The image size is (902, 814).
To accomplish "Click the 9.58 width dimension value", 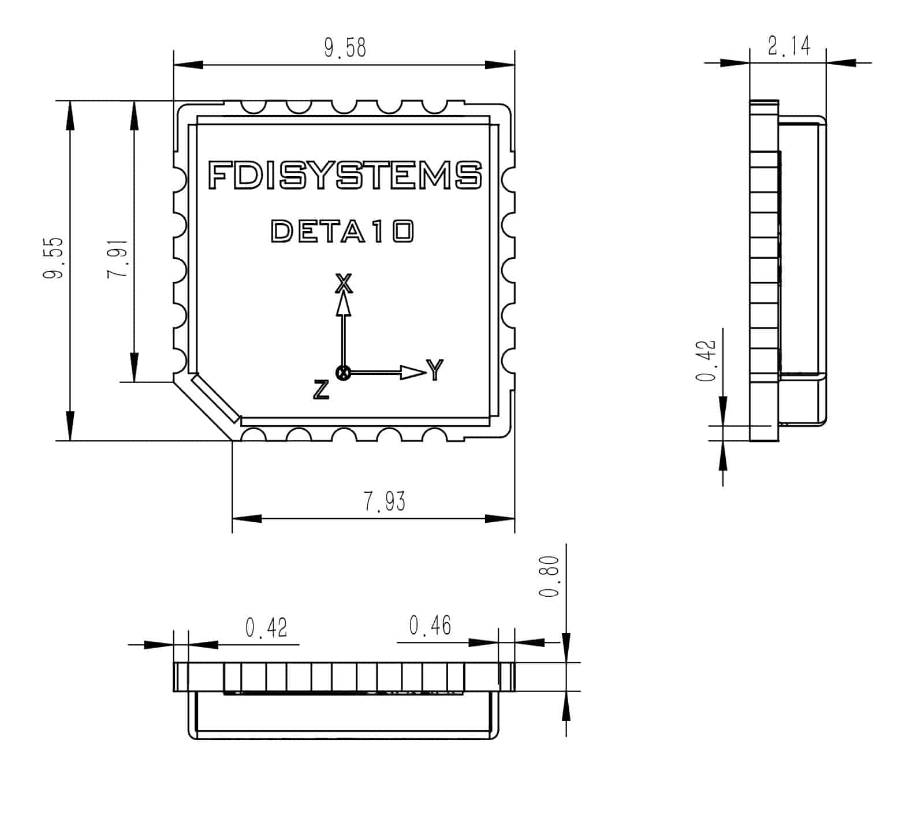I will [x=345, y=48].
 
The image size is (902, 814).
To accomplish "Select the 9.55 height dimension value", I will [x=54, y=258].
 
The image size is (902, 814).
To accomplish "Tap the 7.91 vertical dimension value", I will [x=118, y=258].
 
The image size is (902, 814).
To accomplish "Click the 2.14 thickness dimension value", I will [x=789, y=46].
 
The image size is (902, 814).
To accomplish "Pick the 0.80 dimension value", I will [x=549, y=577].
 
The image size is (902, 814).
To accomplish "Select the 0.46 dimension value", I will [x=430, y=626].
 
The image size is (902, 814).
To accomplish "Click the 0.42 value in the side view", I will [x=706, y=361].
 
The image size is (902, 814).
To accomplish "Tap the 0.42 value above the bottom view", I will [x=266, y=627].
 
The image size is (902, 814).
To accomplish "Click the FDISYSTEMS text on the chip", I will [x=345, y=174].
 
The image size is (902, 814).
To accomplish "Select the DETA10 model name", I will [x=342, y=231].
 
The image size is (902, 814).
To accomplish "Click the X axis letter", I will [x=344, y=283].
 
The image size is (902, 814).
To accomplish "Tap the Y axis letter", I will [x=435, y=370].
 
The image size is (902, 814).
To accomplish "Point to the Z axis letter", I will [x=321, y=390].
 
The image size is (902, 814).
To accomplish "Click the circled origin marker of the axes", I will [x=344, y=373].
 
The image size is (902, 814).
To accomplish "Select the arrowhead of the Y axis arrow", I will [x=413, y=373].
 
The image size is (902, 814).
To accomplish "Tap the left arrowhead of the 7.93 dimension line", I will [x=246, y=519].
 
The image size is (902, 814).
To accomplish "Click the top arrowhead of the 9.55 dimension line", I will [x=70, y=116].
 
